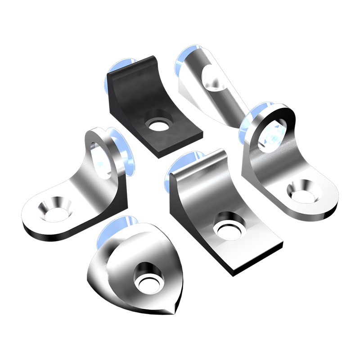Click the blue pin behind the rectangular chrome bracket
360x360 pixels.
[178, 171]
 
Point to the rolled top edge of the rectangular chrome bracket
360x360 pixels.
[202, 158]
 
